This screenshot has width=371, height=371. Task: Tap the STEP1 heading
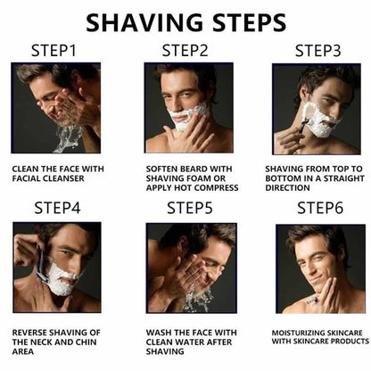54,51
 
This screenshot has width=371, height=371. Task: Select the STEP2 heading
186,51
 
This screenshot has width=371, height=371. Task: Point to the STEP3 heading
318,51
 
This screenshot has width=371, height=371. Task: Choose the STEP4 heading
57,209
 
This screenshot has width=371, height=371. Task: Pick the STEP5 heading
189,209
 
